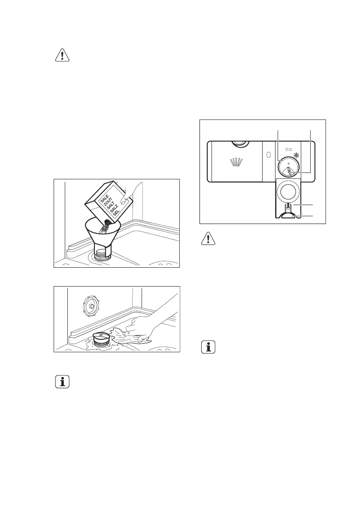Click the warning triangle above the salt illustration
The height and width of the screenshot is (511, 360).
63,56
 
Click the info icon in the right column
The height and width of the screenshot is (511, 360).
208,348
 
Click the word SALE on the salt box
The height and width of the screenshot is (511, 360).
104,200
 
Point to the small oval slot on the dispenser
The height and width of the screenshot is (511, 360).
268,154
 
